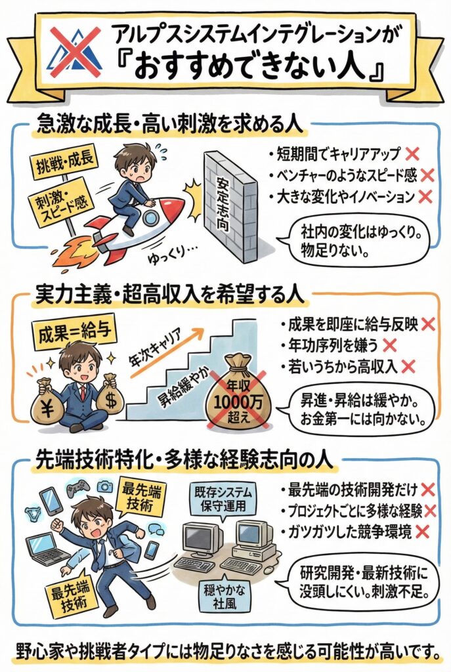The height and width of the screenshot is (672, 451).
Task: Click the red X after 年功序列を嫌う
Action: [388, 343]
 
